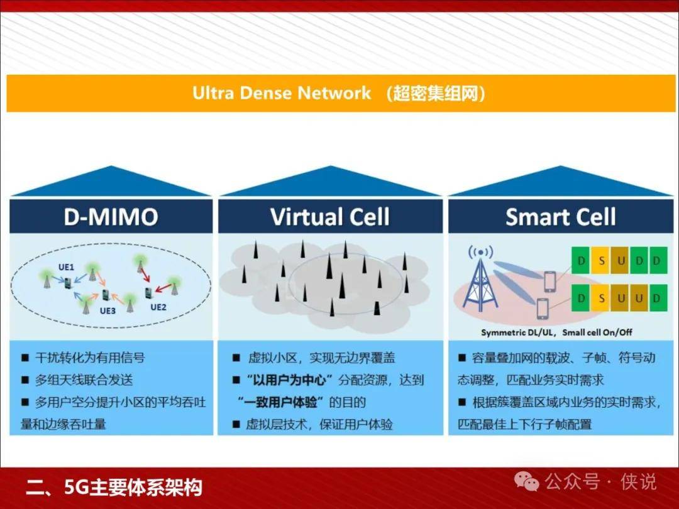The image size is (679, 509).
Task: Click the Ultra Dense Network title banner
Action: click(x=341, y=94)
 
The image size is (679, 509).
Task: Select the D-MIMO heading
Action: click(x=111, y=216)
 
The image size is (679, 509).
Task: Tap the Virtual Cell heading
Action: click(x=330, y=216)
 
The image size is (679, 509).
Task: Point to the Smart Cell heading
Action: click(x=560, y=216)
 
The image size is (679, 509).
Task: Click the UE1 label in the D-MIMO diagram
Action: click(x=66, y=267)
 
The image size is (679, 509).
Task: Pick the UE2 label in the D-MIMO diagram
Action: click(x=158, y=307)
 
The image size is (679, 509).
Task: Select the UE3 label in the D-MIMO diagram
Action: click(x=108, y=310)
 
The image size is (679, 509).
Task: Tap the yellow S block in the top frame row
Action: click(x=601, y=261)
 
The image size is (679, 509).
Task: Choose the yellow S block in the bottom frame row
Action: click(x=601, y=298)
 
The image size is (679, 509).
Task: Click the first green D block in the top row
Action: click(x=581, y=261)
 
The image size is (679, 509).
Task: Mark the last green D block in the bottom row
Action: click(x=658, y=298)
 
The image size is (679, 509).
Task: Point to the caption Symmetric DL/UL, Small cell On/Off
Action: click(x=556, y=332)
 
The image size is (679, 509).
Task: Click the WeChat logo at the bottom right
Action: click(x=526, y=481)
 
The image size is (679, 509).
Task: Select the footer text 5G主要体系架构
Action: click(x=133, y=488)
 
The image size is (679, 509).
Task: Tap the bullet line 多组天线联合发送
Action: click(x=84, y=380)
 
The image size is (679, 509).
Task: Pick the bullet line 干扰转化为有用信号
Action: click(x=90, y=358)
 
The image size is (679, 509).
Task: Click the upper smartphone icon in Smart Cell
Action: click(x=549, y=281)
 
